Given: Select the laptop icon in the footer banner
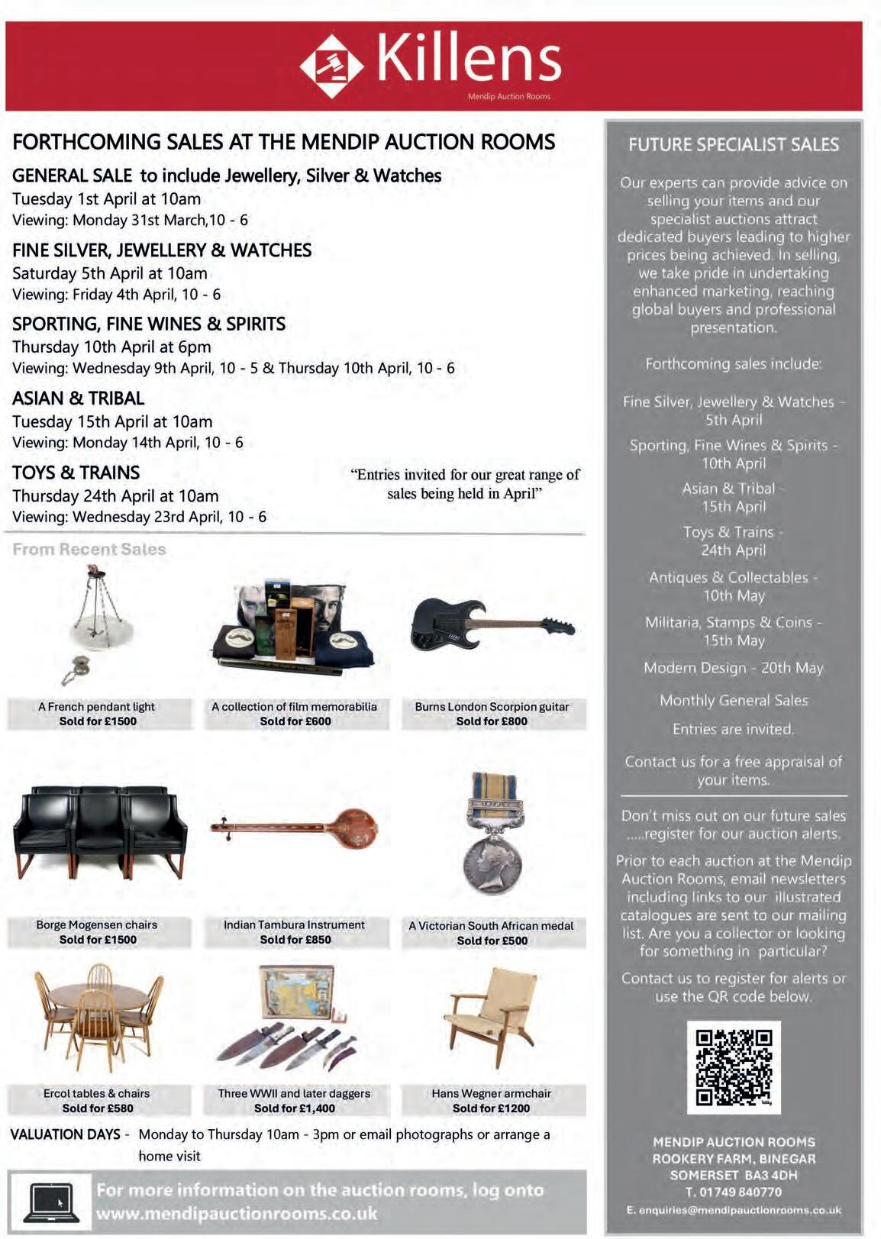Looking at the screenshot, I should pyautogui.click(x=51, y=1201).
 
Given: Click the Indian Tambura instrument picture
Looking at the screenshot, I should pyautogui.click(x=295, y=827).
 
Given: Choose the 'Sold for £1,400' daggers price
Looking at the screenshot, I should pyautogui.click(x=295, y=1108).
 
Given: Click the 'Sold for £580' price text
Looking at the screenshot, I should pyautogui.click(x=98, y=1108).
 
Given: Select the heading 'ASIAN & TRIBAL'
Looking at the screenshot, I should pyautogui.click(x=78, y=398).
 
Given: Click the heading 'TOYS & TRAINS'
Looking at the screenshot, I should pyautogui.click(x=76, y=473).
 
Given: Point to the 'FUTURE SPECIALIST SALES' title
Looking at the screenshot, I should pyautogui.click(x=734, y=145).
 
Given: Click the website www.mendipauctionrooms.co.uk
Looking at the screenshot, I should pyautogui.click(x=237, y=1213).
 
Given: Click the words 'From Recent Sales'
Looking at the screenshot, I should pyautogui.click(x=89, y=549).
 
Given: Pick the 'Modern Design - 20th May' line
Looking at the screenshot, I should pyautogui.click(x=734, y=668).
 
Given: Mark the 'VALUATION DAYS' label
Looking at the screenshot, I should pyautogui.click(x=66, y=1134).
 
